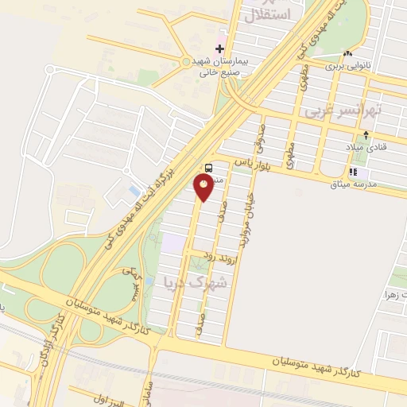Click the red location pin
pyautogui.click(x=204, y=186)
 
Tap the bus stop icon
pyautogui.click(x=209, y=168)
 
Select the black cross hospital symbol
pyautogui.click(x=220, y=48)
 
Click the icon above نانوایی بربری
pyautogui.click(x=347, y=53)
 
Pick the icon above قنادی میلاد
pyautogui.click(x=365, y=135)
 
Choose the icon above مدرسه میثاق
pyautogui.click(x=352, y=171)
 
